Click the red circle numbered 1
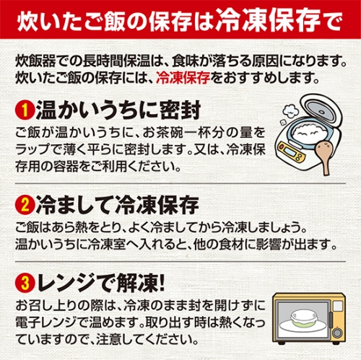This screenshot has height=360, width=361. tap(25, 110)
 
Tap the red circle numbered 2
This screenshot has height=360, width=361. tap(25, 205)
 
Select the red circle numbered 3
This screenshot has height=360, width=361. tap(25, 283)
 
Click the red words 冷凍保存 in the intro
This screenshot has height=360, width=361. tap(183, 78)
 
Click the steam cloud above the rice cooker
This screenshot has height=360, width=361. tap(290, 111)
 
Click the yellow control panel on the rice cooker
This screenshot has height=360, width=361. tap(291, 152)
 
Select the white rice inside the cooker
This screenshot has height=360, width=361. tap(309, 133)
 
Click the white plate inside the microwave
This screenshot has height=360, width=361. tap(303, 327)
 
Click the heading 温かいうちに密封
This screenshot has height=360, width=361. tap(118, 110)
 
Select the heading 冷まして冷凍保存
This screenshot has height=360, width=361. tap(118, 205)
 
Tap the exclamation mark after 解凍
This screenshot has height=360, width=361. tap(161, 283)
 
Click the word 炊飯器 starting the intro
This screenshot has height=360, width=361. tap(35, 61)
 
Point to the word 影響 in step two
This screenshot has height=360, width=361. tap(269, 244)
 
